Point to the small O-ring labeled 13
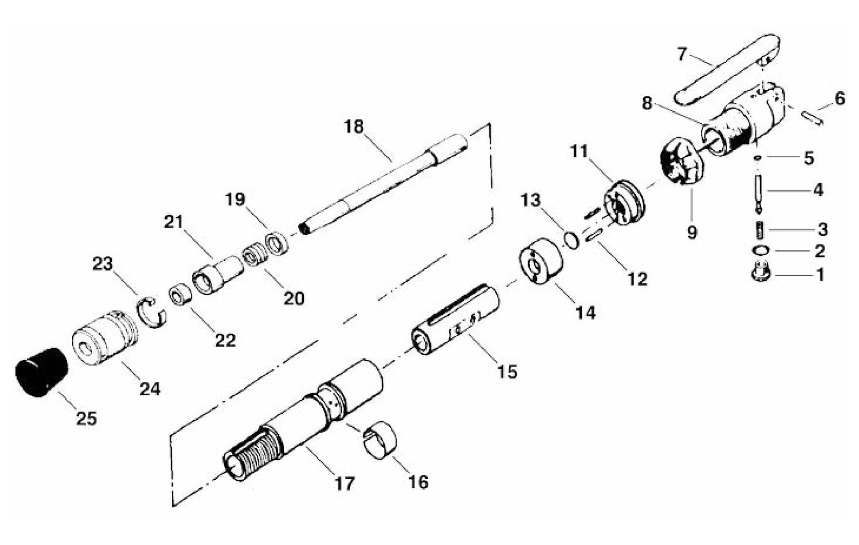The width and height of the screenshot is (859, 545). [x=571, y=239]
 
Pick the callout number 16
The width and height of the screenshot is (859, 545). [x=418, y=481]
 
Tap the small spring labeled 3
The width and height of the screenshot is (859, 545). [x=760, y=228]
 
